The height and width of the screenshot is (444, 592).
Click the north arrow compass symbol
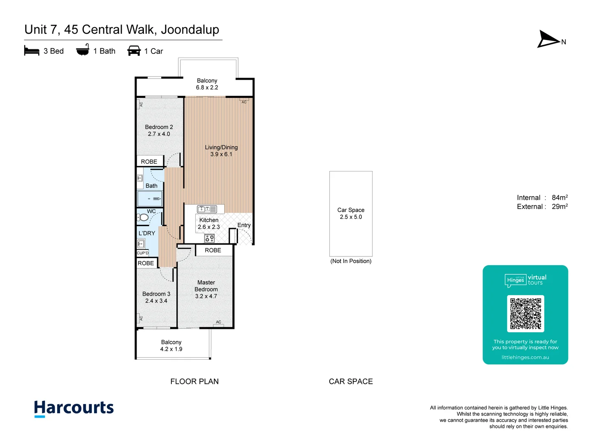(x=548, y=39)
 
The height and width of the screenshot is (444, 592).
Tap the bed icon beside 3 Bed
(x=32, y=51)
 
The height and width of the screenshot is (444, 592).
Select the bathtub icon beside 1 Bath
(x=83, y=50)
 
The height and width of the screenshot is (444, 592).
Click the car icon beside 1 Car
(x=134, y=51)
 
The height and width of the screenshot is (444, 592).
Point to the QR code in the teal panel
(x=525, y=314)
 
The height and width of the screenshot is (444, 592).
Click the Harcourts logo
(x=74, y=408)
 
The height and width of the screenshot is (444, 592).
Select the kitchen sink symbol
(x=207, y=209)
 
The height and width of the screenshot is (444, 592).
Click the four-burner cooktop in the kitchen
(x=209, y=238)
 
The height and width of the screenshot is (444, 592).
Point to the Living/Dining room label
(x=221, y=147)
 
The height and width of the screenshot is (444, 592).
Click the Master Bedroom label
(x=206, y=286)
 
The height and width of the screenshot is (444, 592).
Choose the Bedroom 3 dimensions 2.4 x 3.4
(x=156, y=301)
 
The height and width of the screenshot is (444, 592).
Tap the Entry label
(x=244, y=225)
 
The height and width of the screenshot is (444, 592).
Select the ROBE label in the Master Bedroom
(x=213, y=250)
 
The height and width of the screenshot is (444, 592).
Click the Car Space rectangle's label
(x=351, y=210)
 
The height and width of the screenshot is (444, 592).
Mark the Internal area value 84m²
(x=560, y=197)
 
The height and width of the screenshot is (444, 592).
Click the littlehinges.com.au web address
(x=525, y=357)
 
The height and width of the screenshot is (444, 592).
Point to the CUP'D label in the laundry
(x=143, y=253)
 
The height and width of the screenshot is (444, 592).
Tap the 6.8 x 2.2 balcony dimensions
(x=207, y=88)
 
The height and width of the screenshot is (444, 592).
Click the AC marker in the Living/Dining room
(x=244, y=102)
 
